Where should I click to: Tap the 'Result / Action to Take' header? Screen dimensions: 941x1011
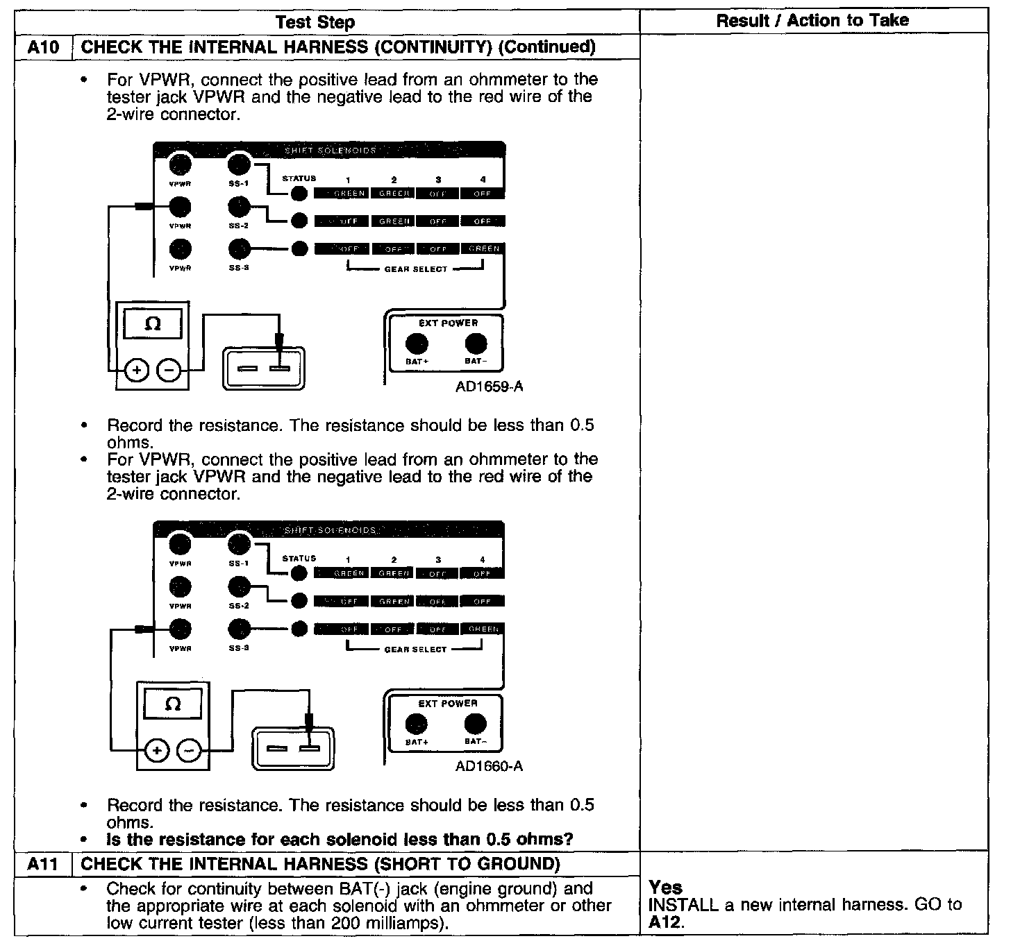(812, 21)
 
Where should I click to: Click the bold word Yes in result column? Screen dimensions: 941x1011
(665, 888)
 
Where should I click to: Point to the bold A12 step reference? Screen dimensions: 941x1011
(662, 922)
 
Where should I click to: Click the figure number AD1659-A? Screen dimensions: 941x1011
(489, 387)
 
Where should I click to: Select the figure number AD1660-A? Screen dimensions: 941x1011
(489, 767)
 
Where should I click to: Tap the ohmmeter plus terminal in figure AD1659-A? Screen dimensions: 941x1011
(137, 371)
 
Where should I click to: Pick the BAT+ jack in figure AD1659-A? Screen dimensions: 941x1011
(417, 344)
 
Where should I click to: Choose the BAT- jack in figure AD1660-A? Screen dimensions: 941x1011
(475, 724)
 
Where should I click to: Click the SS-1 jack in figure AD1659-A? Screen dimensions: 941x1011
(239, 165)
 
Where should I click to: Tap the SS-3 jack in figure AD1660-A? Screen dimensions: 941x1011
(239, 629)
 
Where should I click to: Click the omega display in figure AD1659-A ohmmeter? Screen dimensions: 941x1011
(153, 324)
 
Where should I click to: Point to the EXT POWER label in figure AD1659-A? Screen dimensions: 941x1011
(448, 323)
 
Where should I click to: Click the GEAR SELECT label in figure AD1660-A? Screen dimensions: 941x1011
(415, 650)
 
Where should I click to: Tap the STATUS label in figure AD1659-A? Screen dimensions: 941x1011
(299, 179)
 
